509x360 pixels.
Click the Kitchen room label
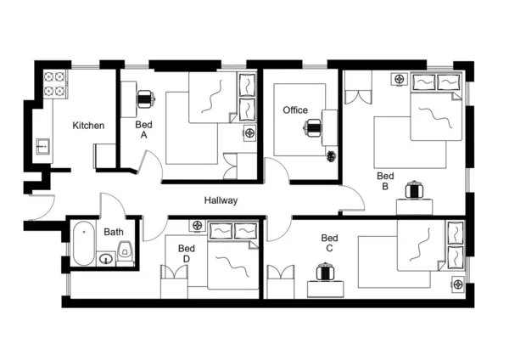(x=88, y=126)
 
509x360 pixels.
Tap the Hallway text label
(x=221, y=201)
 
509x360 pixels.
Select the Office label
(x=295, y=110)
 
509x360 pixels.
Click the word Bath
(x=113, y=232)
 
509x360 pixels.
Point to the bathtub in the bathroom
(x=82, y=245)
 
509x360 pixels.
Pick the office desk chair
(x=314, y=128)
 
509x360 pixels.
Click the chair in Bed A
(x=145, y=98)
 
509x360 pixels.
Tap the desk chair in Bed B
(x=414, y=188)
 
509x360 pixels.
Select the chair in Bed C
(x=325, y=273)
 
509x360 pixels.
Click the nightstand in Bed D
(x=197, y=226)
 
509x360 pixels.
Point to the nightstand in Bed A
(x=249, y=132)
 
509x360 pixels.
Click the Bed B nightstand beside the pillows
(x=399, y=80)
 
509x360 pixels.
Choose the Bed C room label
(x=329, y=244)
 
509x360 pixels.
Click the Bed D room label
(x=187, y=253)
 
